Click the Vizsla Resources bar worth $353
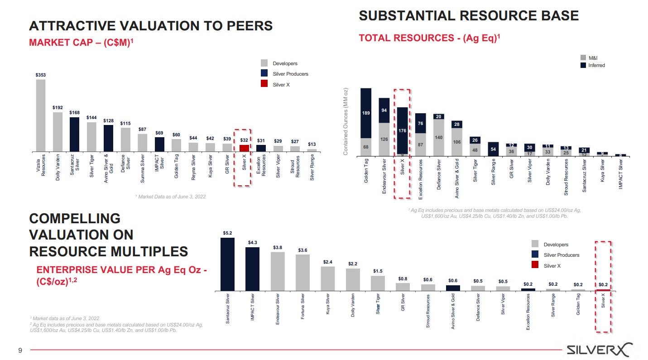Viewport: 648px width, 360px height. (x=40, y=115)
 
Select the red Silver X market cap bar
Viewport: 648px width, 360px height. (x=244, y=148)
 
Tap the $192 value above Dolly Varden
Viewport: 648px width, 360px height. (x=58, y=108)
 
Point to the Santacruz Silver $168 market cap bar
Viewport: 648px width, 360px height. (x=74, y=134)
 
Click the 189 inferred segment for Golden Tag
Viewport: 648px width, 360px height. (x=365, y=113)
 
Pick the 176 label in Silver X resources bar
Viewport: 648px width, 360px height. (x=402, y=130)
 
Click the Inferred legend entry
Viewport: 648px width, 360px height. (x=596, y=65)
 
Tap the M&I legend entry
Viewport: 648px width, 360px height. (x=593, y=58)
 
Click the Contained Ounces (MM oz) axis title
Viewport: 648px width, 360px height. (x=346, y=121)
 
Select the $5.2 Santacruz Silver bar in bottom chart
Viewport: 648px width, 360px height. (x=227, y=264)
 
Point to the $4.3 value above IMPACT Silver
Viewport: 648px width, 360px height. (x=253, y=243)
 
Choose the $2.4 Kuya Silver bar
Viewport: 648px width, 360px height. (x=328, y=278)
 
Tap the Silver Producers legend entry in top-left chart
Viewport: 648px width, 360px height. (x=290, y=74)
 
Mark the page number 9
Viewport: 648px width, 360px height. (x=19, y=350)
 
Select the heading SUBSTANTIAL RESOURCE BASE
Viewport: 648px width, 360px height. (x=469, y=16)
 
